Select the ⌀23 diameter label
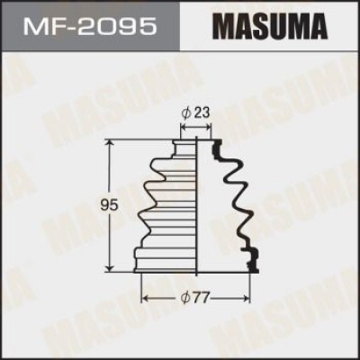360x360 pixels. click(196, 113)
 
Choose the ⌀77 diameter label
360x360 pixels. click(196, 295)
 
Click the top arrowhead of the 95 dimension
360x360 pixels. click(110, 142)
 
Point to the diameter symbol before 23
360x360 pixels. click(185, 113)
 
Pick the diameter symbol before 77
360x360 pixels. click(184, 295)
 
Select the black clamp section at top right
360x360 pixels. click(216, 148)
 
